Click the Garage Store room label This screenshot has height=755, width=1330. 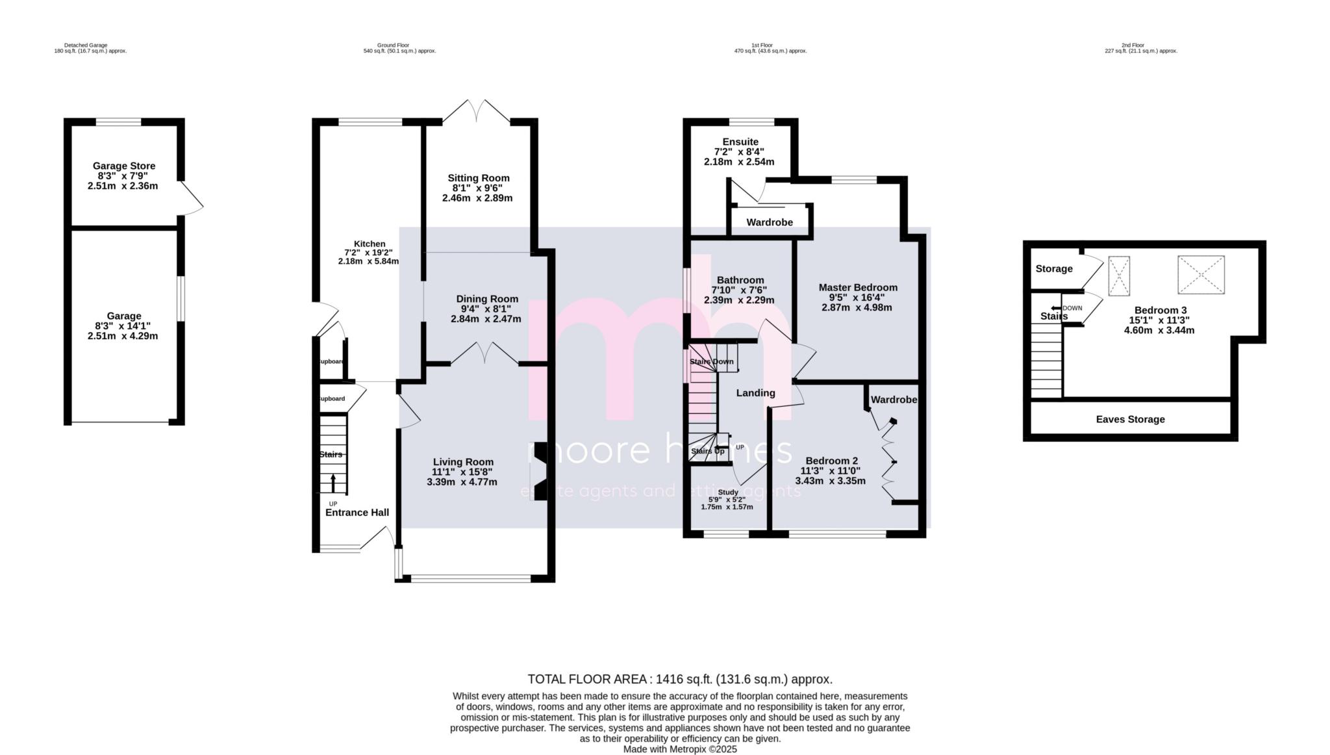point(123,166)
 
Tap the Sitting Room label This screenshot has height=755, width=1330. point(478,178)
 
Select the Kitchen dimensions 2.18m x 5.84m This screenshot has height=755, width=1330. point(368,261)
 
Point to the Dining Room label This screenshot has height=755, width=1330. point(486,299)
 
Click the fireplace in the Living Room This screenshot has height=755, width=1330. point(539,472)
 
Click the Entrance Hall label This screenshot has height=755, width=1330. point(357,512)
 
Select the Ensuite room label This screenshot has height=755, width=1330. point(740,142)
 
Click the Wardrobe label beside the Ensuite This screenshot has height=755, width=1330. point(769,222)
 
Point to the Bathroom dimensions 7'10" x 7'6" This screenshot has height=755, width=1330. point(740,290)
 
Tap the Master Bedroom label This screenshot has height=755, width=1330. point(857,287)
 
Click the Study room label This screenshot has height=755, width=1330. point(727,492)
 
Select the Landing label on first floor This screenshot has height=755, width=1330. point(755,392)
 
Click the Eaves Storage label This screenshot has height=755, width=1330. point(1130,419)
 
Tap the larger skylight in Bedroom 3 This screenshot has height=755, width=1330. point(1201,274)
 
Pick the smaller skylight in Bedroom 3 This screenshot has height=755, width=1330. point(1118,276)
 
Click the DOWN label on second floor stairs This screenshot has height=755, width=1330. point(1072,308)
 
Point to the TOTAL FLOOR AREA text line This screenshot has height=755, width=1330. point(679,679)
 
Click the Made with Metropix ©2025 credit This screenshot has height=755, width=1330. point(679,749)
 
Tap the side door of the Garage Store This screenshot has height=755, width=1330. point(192,198)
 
